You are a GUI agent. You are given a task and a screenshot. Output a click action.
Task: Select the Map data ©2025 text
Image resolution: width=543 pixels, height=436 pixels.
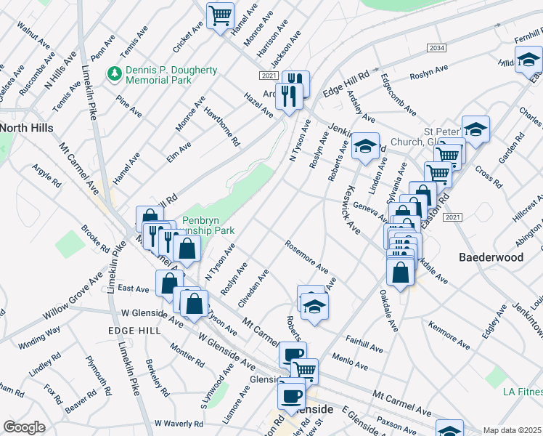tap(513, 430)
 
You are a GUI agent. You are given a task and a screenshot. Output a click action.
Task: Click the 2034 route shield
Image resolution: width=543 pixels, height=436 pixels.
tap(436, 48)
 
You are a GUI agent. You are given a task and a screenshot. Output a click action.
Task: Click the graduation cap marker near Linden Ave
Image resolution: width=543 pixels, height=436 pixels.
tap(366, 145)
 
